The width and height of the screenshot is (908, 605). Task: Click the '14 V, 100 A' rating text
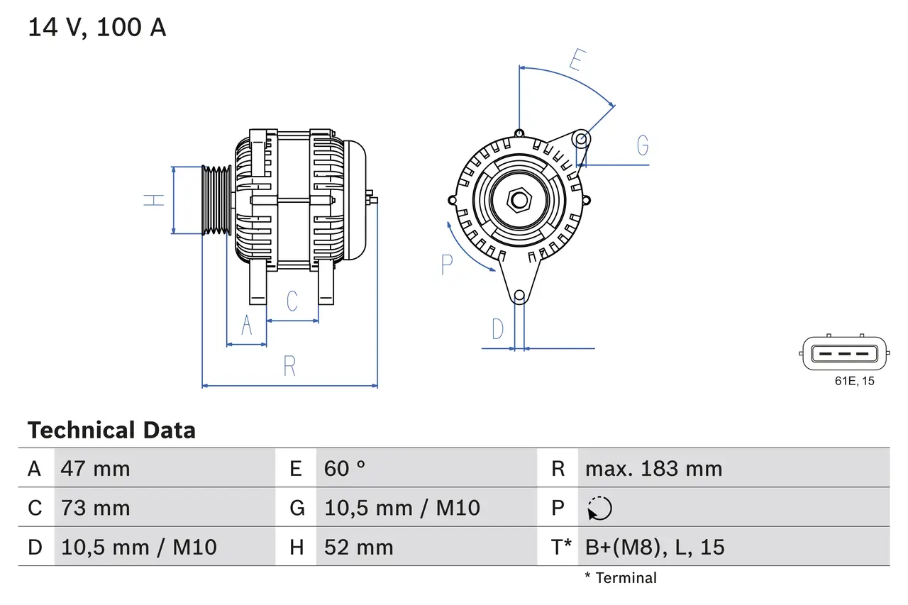coord(96,28)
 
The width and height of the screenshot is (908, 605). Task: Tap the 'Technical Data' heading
coord(111,431)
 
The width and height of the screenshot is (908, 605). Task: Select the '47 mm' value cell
coord(96,469)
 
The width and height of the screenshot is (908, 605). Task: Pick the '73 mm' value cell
coord(96,508)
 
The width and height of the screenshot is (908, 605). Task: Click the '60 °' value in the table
coord(345,469)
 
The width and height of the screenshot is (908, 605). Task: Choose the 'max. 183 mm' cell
coord(653,469)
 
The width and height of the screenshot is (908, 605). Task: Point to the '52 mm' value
coord(358,547)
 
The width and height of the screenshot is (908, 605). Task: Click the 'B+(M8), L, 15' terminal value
coord(655,547)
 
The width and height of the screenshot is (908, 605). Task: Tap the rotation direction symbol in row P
coord(599,509)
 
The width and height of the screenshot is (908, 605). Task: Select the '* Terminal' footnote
coord(621,578)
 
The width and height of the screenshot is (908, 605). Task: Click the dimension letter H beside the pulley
coord(154,200)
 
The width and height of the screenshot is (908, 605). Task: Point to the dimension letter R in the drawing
coord(289,367)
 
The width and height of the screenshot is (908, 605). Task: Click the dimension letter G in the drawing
coord(643,145)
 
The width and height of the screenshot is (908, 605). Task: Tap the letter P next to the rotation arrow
coord(446,265)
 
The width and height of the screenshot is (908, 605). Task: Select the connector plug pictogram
coord(844,353)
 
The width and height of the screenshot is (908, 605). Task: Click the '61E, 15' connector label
coord(854,382)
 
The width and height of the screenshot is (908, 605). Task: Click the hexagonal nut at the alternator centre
coord(519,200)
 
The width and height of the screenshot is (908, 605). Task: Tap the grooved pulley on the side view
coord(216,201)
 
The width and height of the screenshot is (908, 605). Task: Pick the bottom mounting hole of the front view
coord(519,295)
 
